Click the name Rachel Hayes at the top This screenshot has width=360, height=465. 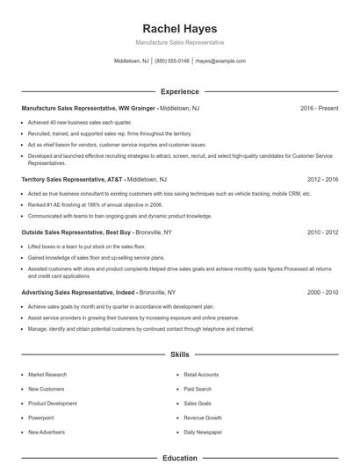(x=179, y=28)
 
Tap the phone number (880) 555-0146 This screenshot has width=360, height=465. (x=173, y=61)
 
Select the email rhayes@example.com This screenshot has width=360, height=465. (x=220, y=61)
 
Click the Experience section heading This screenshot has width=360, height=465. (x=179, y=91)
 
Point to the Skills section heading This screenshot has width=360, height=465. (x=179, y=354)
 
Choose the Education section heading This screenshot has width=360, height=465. (x=179, y=457)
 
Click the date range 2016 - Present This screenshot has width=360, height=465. (x=319, y=108)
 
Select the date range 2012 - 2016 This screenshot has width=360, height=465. (x=321, y=178)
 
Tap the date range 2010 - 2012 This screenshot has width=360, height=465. (x=321, y=232)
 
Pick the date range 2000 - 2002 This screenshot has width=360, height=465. (x=321, y=291)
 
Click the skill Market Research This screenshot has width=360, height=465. (x=47, y=375)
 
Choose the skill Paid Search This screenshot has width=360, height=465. (x=198, y=389)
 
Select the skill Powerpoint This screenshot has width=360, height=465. (x=41, y=418)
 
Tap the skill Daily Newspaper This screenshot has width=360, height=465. (x=203, y=432)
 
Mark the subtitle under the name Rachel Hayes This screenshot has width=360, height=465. (x=179, y=42)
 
